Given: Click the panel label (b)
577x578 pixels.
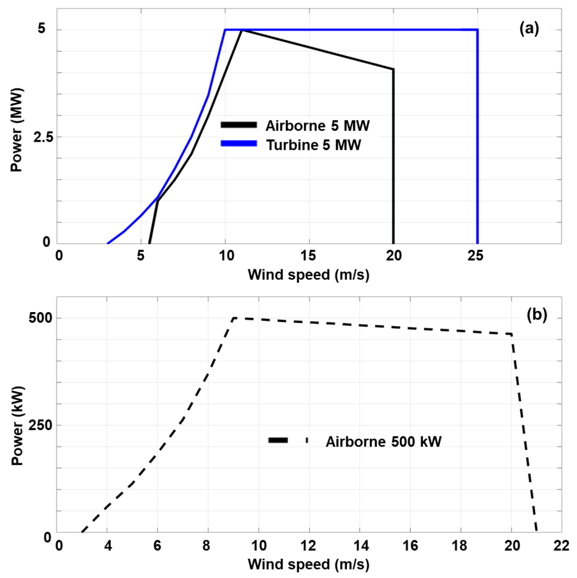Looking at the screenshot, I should point(536,316).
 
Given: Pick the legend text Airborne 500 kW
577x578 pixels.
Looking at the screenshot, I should point(383,442).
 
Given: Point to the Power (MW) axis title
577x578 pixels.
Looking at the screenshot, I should point(16,129).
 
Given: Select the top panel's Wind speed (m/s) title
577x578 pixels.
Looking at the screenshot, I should point(309,274).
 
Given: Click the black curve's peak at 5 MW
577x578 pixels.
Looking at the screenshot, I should point(242,30).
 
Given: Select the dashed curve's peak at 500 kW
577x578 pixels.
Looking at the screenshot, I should point(233,318).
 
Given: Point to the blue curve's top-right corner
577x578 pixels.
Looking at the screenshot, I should point(478,29).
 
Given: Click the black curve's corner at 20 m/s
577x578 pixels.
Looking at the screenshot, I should point(393,69).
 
